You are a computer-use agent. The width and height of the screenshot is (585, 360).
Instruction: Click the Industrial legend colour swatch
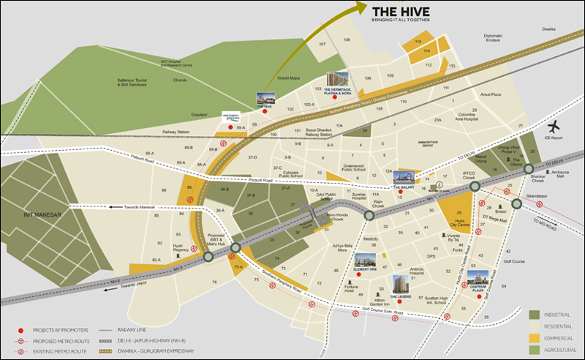(535, 314)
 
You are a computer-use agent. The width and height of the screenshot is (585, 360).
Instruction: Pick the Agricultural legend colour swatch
(535, 349)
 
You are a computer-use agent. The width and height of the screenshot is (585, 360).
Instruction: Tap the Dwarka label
(548, 28)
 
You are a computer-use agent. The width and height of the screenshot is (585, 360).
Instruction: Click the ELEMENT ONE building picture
(365, 261)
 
